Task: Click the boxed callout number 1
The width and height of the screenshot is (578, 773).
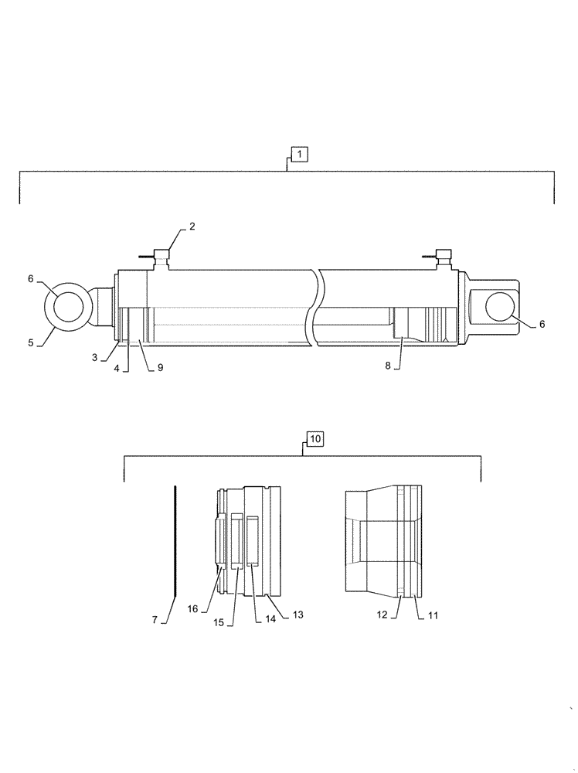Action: pos(300,152)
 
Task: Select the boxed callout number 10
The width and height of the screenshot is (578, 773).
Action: pos(315,439)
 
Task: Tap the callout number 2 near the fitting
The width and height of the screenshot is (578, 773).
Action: pos(192,226)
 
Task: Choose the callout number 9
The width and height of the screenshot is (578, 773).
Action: pos(160,368)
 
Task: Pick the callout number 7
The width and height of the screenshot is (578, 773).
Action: pos(155,619)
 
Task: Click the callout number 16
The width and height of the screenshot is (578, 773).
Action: pos(193,609)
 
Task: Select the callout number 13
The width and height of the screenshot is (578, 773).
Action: pos(297,615)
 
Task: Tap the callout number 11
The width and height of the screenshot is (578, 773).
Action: pos(432,615)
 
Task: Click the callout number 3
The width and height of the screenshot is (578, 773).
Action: pos(94,357)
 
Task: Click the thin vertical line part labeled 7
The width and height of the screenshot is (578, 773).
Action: pos(176,540)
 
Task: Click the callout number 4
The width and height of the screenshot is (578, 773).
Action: pos(116,369)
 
